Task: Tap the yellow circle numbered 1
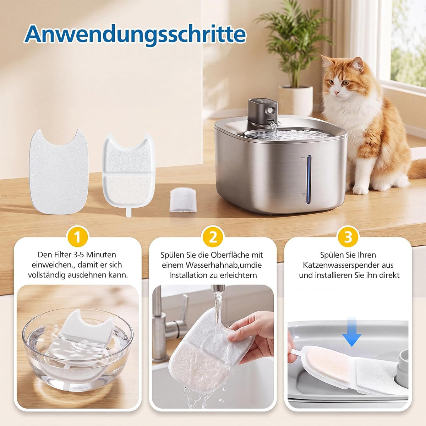pyautogui.click(x=77, y=238)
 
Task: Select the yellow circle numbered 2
pyautogui.click(x=213, y=238)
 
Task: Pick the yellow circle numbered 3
pyautogui.click(x=348, y=238)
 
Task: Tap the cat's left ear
pyautogui.click(x=327, y=62)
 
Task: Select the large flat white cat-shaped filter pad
pyautogui.click(x=59, y=172)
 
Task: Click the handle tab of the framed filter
pyautogui.click(x=129, y=212)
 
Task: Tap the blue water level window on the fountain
pyautogui.click(x=309, y=179)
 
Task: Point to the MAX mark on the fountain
pyautogui.click(x=303, y=157)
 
